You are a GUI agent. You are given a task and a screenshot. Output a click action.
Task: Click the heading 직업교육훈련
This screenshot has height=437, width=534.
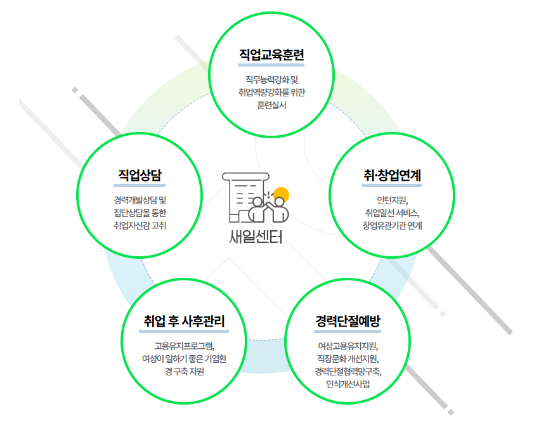coord(271,55)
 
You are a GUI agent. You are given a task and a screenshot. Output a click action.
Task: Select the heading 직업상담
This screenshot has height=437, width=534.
coord(140,175)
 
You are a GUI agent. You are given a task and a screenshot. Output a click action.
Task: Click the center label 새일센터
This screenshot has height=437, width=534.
coord(256,237)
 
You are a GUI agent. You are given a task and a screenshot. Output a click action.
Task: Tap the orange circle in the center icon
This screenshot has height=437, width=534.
coord(281,196)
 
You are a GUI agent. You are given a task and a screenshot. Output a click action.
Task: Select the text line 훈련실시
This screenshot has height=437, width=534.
coord(271,105)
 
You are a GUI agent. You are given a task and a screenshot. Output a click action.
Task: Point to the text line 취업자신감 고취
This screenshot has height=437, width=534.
coord(140,225)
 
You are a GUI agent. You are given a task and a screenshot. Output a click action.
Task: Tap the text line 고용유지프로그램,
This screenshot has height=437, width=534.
coord(185,346)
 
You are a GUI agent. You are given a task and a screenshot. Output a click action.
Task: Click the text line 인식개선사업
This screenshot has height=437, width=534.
coord(348,384)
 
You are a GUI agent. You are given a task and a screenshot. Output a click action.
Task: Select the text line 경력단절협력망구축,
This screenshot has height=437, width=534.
coord(348,372)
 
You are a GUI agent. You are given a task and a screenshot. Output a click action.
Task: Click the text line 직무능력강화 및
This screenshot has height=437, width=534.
coord(271,80)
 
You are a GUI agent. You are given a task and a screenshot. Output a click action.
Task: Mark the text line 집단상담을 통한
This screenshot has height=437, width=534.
coord(140,212)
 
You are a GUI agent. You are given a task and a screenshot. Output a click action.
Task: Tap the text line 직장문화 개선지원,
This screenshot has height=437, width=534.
coord(348,359)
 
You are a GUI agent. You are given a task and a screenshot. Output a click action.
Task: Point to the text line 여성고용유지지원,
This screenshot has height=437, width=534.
coord(348,346)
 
